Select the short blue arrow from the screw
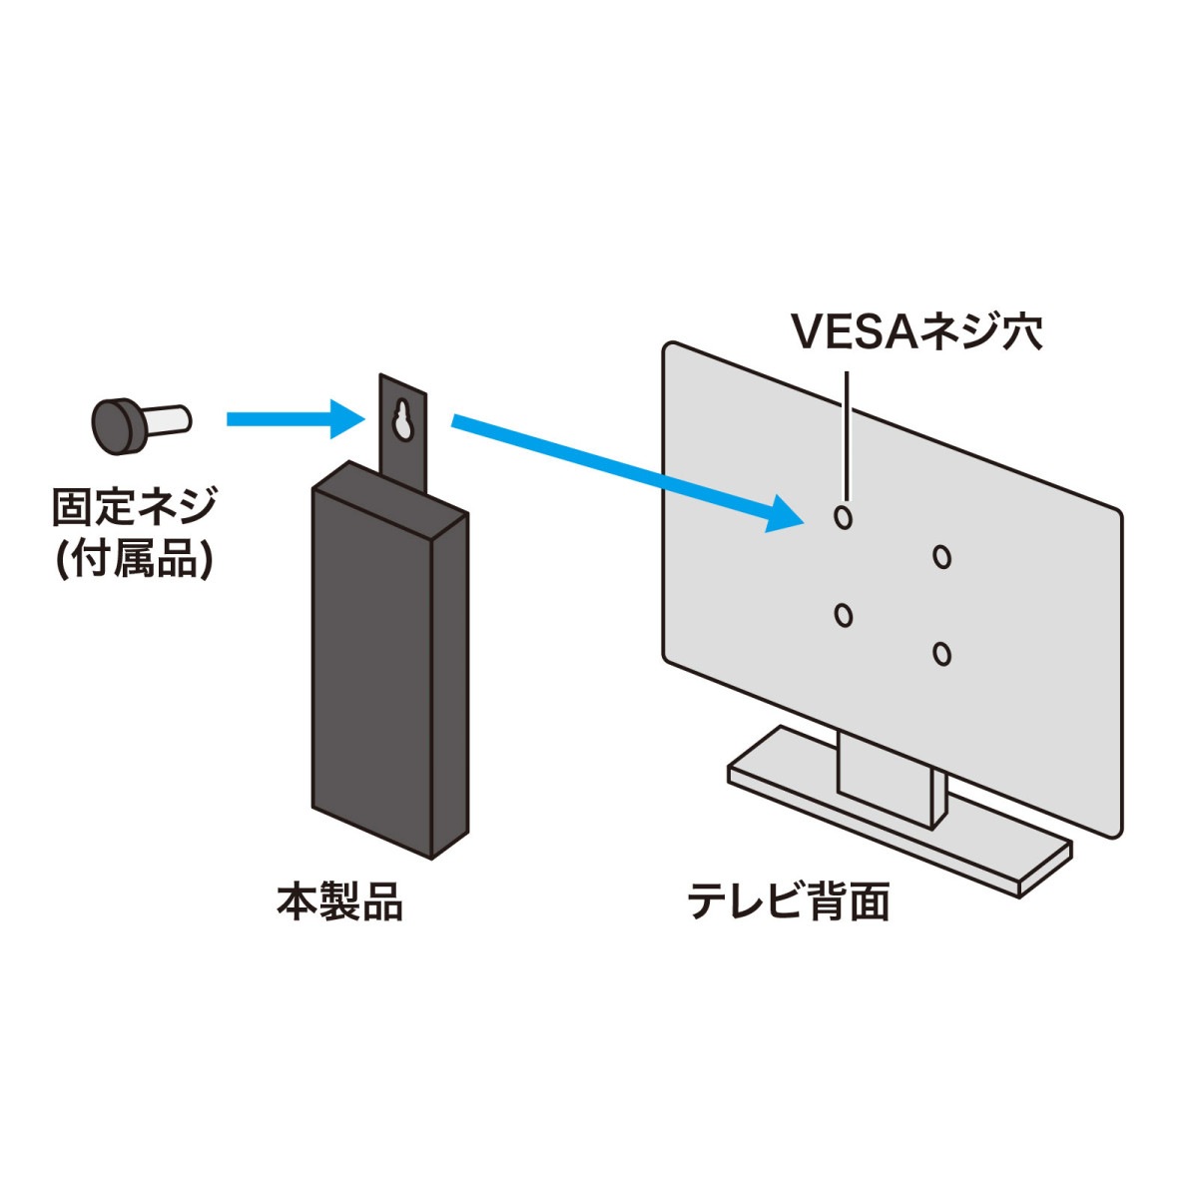pyautogui.click(x=290, y=419)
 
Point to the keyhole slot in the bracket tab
pyautogui.click(x=403, y=420)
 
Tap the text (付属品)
pyautogui.click(x=133, y=560)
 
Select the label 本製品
pyautogui.click(x=339, y=902)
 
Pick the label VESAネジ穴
pyautogui.click(x=916, y=332)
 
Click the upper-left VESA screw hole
pyautogui.click(x=844, y=516)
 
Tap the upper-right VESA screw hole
pyautogui.click(x=941, y=556)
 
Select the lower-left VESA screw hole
pyautogui.click(x=844, y=615)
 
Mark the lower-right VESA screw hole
pyautogui.click(x=941, y=654)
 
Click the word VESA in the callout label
pyautogui.click(x=854, y=332)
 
